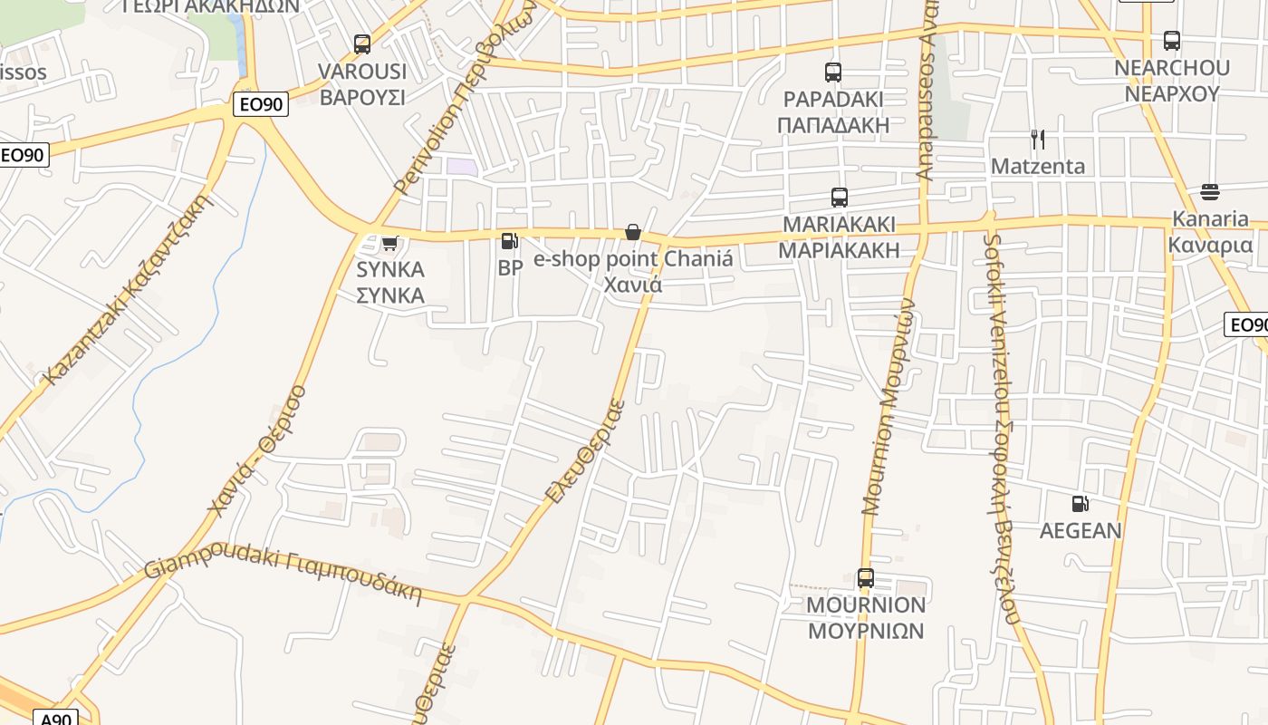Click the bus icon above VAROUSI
click(362, 43)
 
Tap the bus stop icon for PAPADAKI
click(833, 72)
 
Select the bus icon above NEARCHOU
click(1172, 40)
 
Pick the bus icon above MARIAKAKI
click(840, 197)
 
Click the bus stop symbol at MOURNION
click(866, 577)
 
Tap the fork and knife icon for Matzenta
click(1038, 140)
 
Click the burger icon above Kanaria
click(1210, 191)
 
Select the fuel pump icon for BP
click(510, 241)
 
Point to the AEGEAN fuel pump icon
click(1080, 504)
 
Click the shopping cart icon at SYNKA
click(390, 243)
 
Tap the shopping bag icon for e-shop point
click(633, 233)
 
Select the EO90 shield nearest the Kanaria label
click(1248, 324)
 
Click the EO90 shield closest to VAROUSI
click(261, 104)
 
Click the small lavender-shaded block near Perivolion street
click(462, 167)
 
